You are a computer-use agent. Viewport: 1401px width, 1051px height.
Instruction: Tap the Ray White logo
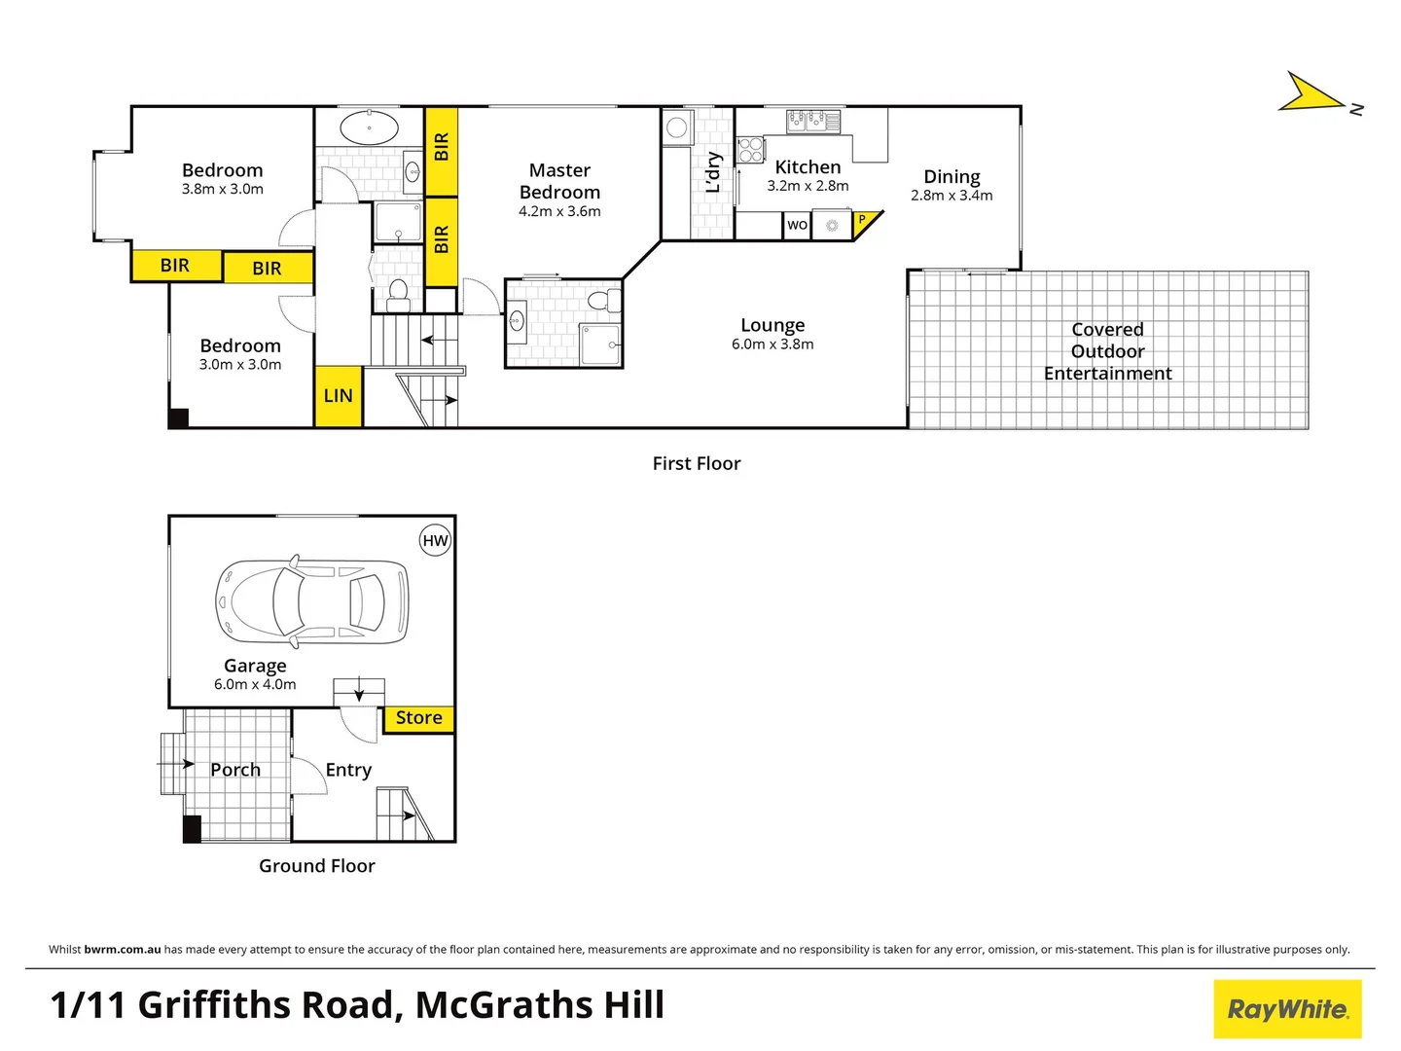click(x=1287, y=1009)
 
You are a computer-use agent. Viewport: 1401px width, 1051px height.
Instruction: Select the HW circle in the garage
click(x=435, y=541)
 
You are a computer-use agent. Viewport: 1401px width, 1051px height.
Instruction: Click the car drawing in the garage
click(x=311, y=600)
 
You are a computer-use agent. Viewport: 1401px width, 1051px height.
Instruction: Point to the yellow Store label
click(x=419, y=718)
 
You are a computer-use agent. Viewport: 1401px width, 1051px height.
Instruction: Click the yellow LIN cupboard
click(x=338, y=396)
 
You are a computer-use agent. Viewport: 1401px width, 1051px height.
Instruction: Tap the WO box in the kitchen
click(x=797, y=225)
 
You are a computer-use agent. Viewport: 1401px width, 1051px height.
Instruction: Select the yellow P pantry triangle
click(x=864, y=223)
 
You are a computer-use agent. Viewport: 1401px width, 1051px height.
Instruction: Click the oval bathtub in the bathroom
click(x=369, y=127)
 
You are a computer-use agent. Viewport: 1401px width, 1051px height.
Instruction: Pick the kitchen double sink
click(x=813, y=120)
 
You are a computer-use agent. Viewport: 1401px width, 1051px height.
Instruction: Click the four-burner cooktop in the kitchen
click(x=750, y=150)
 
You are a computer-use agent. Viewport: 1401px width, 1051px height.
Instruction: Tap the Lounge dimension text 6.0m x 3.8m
click(x=772, y=344)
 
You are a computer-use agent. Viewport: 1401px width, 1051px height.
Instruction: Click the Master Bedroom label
click(x=559, y=181)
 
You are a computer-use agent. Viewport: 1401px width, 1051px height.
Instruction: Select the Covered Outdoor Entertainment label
click(x=1107, y=351)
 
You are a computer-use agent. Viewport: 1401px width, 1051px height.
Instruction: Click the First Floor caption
click(x=697, y=464)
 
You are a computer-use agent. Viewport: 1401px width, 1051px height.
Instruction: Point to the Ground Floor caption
click(x=316, y=866)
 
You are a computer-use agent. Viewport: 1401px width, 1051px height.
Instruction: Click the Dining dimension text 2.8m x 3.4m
click(x=952, y=196)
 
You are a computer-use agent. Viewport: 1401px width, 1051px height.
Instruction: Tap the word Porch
click(x=235, y=770)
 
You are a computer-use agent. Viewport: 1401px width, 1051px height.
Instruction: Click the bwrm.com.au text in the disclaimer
click(x=123, y=950)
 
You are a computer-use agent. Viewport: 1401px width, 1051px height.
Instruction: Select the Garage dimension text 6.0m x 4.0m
click(x=255, y=685)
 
